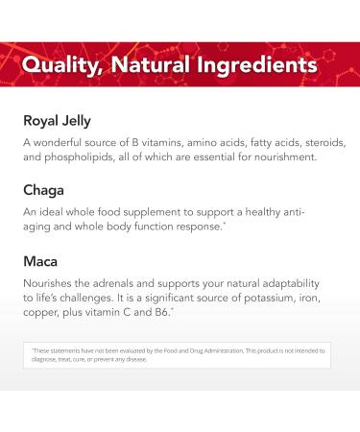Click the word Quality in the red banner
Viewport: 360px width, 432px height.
[x=60, y=65]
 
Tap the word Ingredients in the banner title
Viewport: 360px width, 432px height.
[x=258, y=65]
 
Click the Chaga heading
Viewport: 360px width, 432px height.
[x=45, y=190]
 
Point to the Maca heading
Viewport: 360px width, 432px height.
[x=43, y=259]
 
